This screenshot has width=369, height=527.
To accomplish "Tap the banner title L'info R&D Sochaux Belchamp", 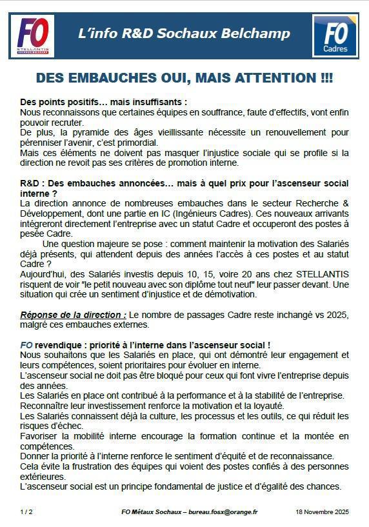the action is pos(184,34).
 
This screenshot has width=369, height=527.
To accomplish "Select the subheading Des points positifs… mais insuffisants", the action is pos(103,103).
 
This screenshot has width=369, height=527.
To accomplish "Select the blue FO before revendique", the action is pos(26,345).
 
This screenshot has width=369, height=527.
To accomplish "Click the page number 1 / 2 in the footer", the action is pos(26,512).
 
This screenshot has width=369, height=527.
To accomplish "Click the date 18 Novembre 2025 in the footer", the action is pos(322,512).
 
